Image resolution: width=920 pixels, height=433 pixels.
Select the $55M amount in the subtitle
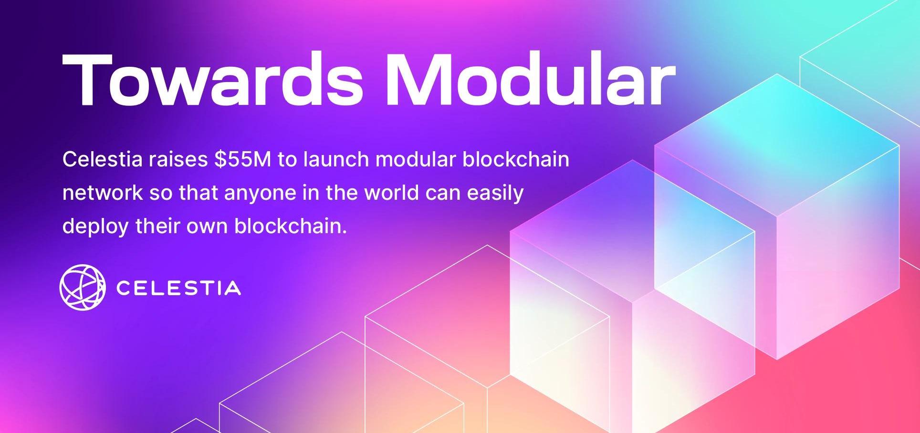[x=242, y=159]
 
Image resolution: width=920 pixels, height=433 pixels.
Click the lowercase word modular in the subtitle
[x=416, y=159]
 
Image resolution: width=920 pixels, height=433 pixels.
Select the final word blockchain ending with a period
[x=290, y=226]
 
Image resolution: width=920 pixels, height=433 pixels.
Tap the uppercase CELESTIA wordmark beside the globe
[x=178, y=288]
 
